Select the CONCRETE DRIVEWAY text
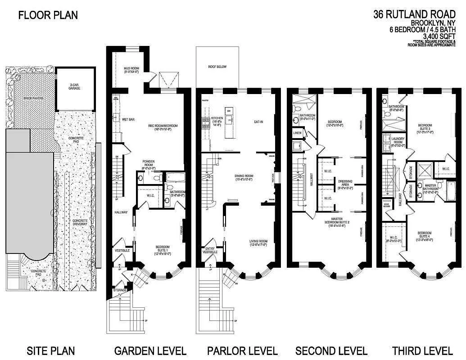[x=80, y=224]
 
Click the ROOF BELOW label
[x=217, y=67]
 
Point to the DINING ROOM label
[x=244, y=177]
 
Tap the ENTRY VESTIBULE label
[x=210, y=250]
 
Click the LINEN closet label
[x=297, y=133]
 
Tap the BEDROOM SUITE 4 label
[x=425, y=236]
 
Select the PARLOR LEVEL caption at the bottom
[x=242, y=351]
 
